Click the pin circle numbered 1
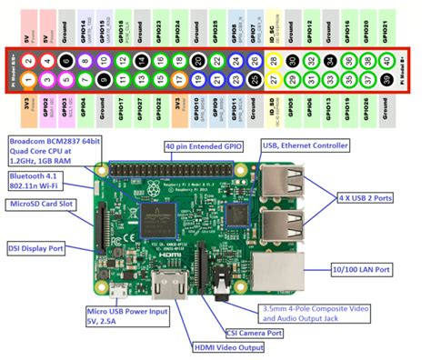click(x=28, y=80)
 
